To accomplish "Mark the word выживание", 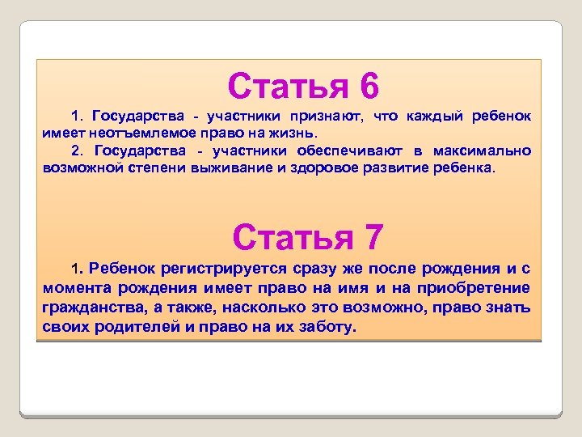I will tap(230, 168).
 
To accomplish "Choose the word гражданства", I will tap(91, 308).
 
